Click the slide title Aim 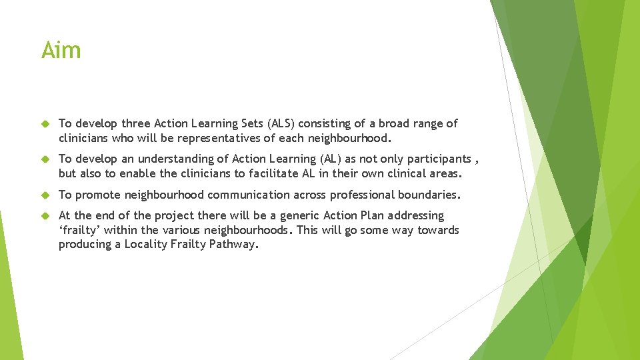click(61, 50)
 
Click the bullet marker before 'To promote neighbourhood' click(46, 195)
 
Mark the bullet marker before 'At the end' click(46, 215)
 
